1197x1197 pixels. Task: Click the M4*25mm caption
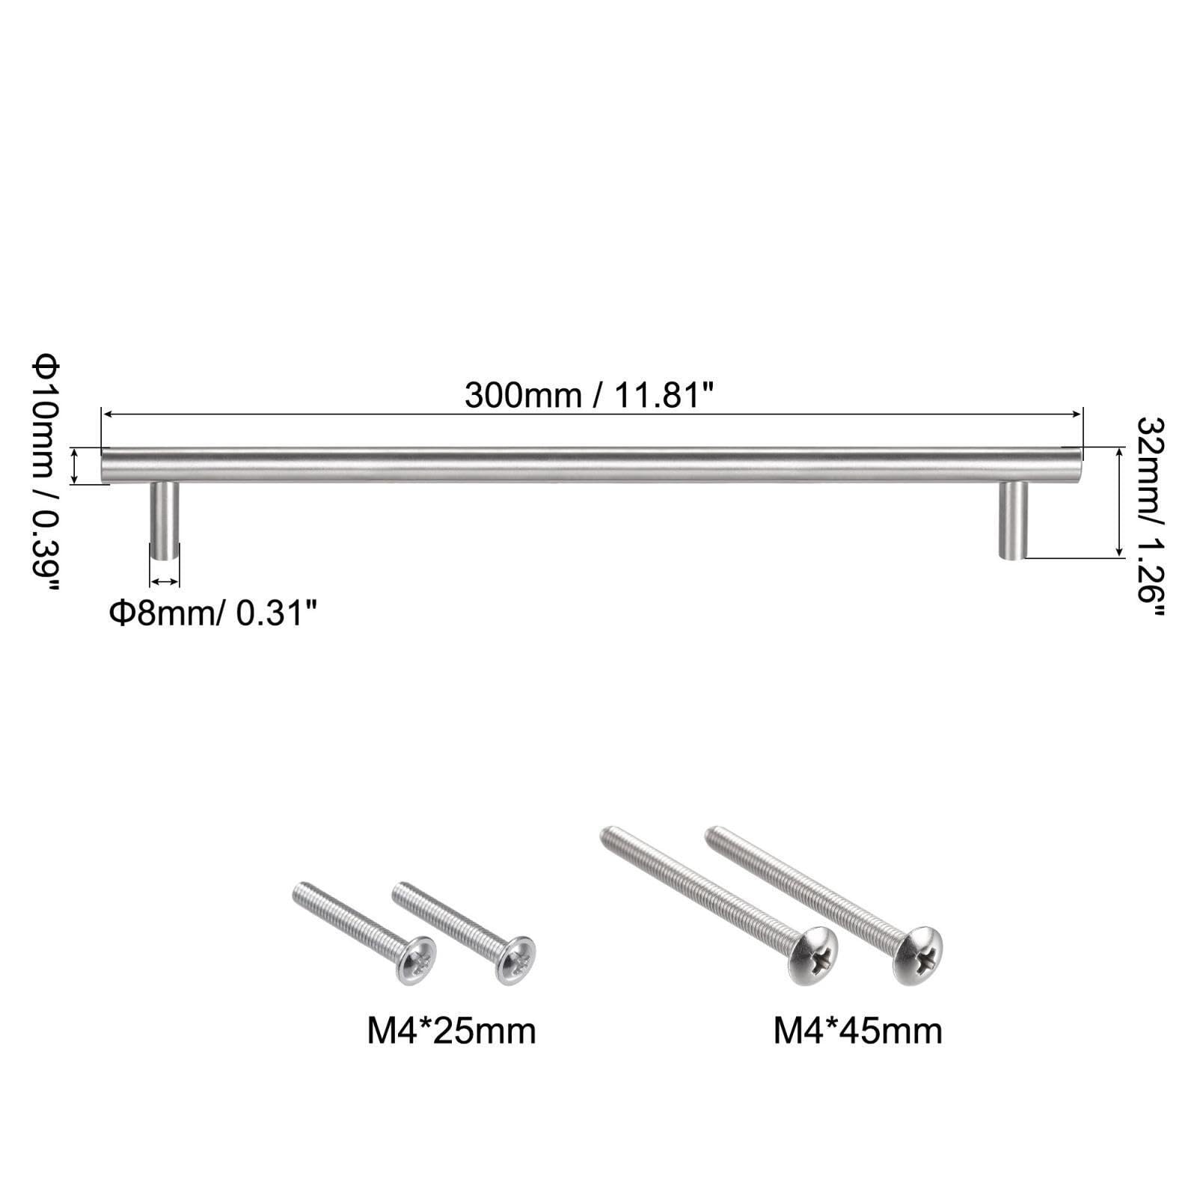pyautogui.click(x=451, y=1031)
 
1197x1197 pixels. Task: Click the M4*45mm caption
pyautogui.click(x=857, y=1031)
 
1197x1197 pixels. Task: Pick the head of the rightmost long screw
pyautogui.click(x=918, y=955)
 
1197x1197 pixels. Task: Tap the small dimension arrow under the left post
pyautogui.click(x=164, y=581)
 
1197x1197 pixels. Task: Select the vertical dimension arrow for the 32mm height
pyautogui.click(x=1119, y=502)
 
